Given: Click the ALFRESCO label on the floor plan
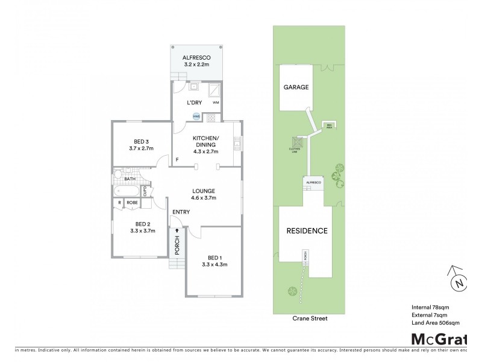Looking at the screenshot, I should point(196,57).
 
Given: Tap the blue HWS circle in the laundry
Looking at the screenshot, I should point(196,116).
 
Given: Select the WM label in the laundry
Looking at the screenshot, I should point(215,103).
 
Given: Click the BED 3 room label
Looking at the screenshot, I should point(139,141).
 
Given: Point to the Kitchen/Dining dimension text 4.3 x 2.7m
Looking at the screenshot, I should point(205,152).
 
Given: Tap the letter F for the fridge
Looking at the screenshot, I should point(177,160).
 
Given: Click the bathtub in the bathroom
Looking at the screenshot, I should point(127,192).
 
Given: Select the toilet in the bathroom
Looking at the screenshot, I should point(117,176).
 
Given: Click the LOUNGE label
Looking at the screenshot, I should point(204,191).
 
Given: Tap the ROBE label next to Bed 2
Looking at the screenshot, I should point(132,203).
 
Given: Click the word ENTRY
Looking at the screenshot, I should point(181,212).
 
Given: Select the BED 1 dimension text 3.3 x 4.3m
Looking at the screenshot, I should point(214,264).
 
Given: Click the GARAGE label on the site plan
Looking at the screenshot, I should point(296,87).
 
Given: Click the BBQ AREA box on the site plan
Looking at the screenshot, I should point(330,125).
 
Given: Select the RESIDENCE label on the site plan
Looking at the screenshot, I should point(306,230).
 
